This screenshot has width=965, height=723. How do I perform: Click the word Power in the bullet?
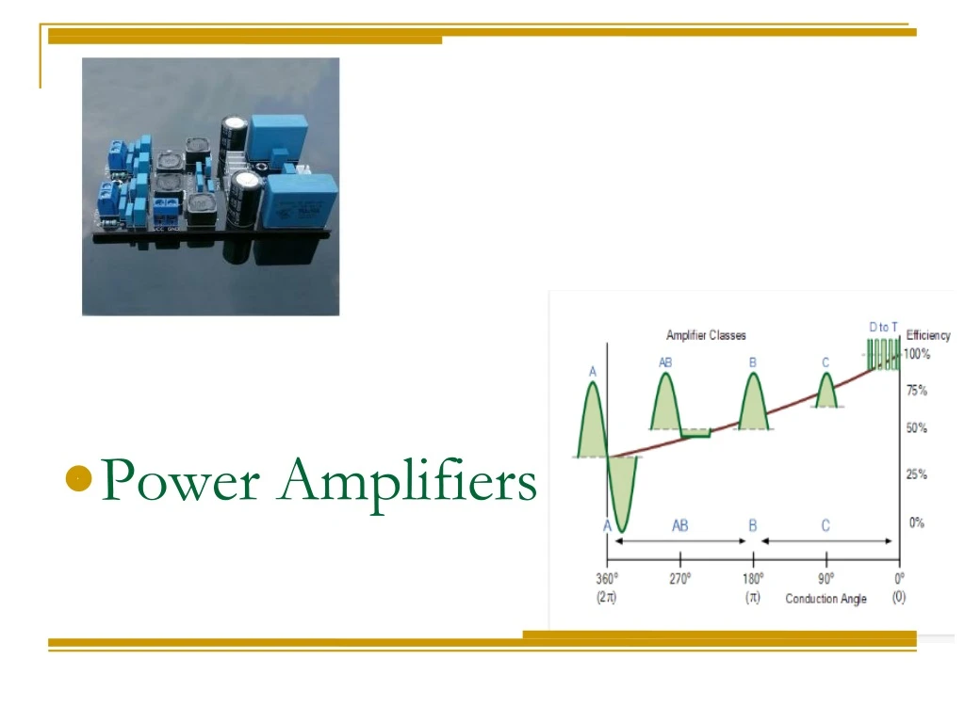click(x=180, y=480)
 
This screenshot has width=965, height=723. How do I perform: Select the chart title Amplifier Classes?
click(x=706, y=336)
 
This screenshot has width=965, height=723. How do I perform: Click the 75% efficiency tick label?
click(x=916, y=390)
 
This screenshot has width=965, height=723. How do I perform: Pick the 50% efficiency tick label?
click(x=916, y=428)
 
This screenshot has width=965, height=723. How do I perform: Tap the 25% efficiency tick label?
click(x=916, y=474)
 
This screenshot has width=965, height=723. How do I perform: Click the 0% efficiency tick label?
click(x=916, y=522)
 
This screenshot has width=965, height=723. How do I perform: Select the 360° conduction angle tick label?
click(x=607, y=578)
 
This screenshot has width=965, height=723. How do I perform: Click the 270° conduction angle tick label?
click(x=680, y=578)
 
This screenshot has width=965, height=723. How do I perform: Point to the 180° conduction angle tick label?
click(x=753, y=578)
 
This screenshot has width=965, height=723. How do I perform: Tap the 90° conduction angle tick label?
click(x=826, y=578)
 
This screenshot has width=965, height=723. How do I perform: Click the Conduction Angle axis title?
click(x=826, y=599)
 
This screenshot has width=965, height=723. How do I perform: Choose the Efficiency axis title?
click(x=928, y=335)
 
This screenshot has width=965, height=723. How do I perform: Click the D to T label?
click(x=883, y=327)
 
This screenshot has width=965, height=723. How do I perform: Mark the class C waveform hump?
click(x=826, y=392)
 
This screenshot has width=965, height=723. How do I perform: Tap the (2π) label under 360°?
click(x=607, y=598)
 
